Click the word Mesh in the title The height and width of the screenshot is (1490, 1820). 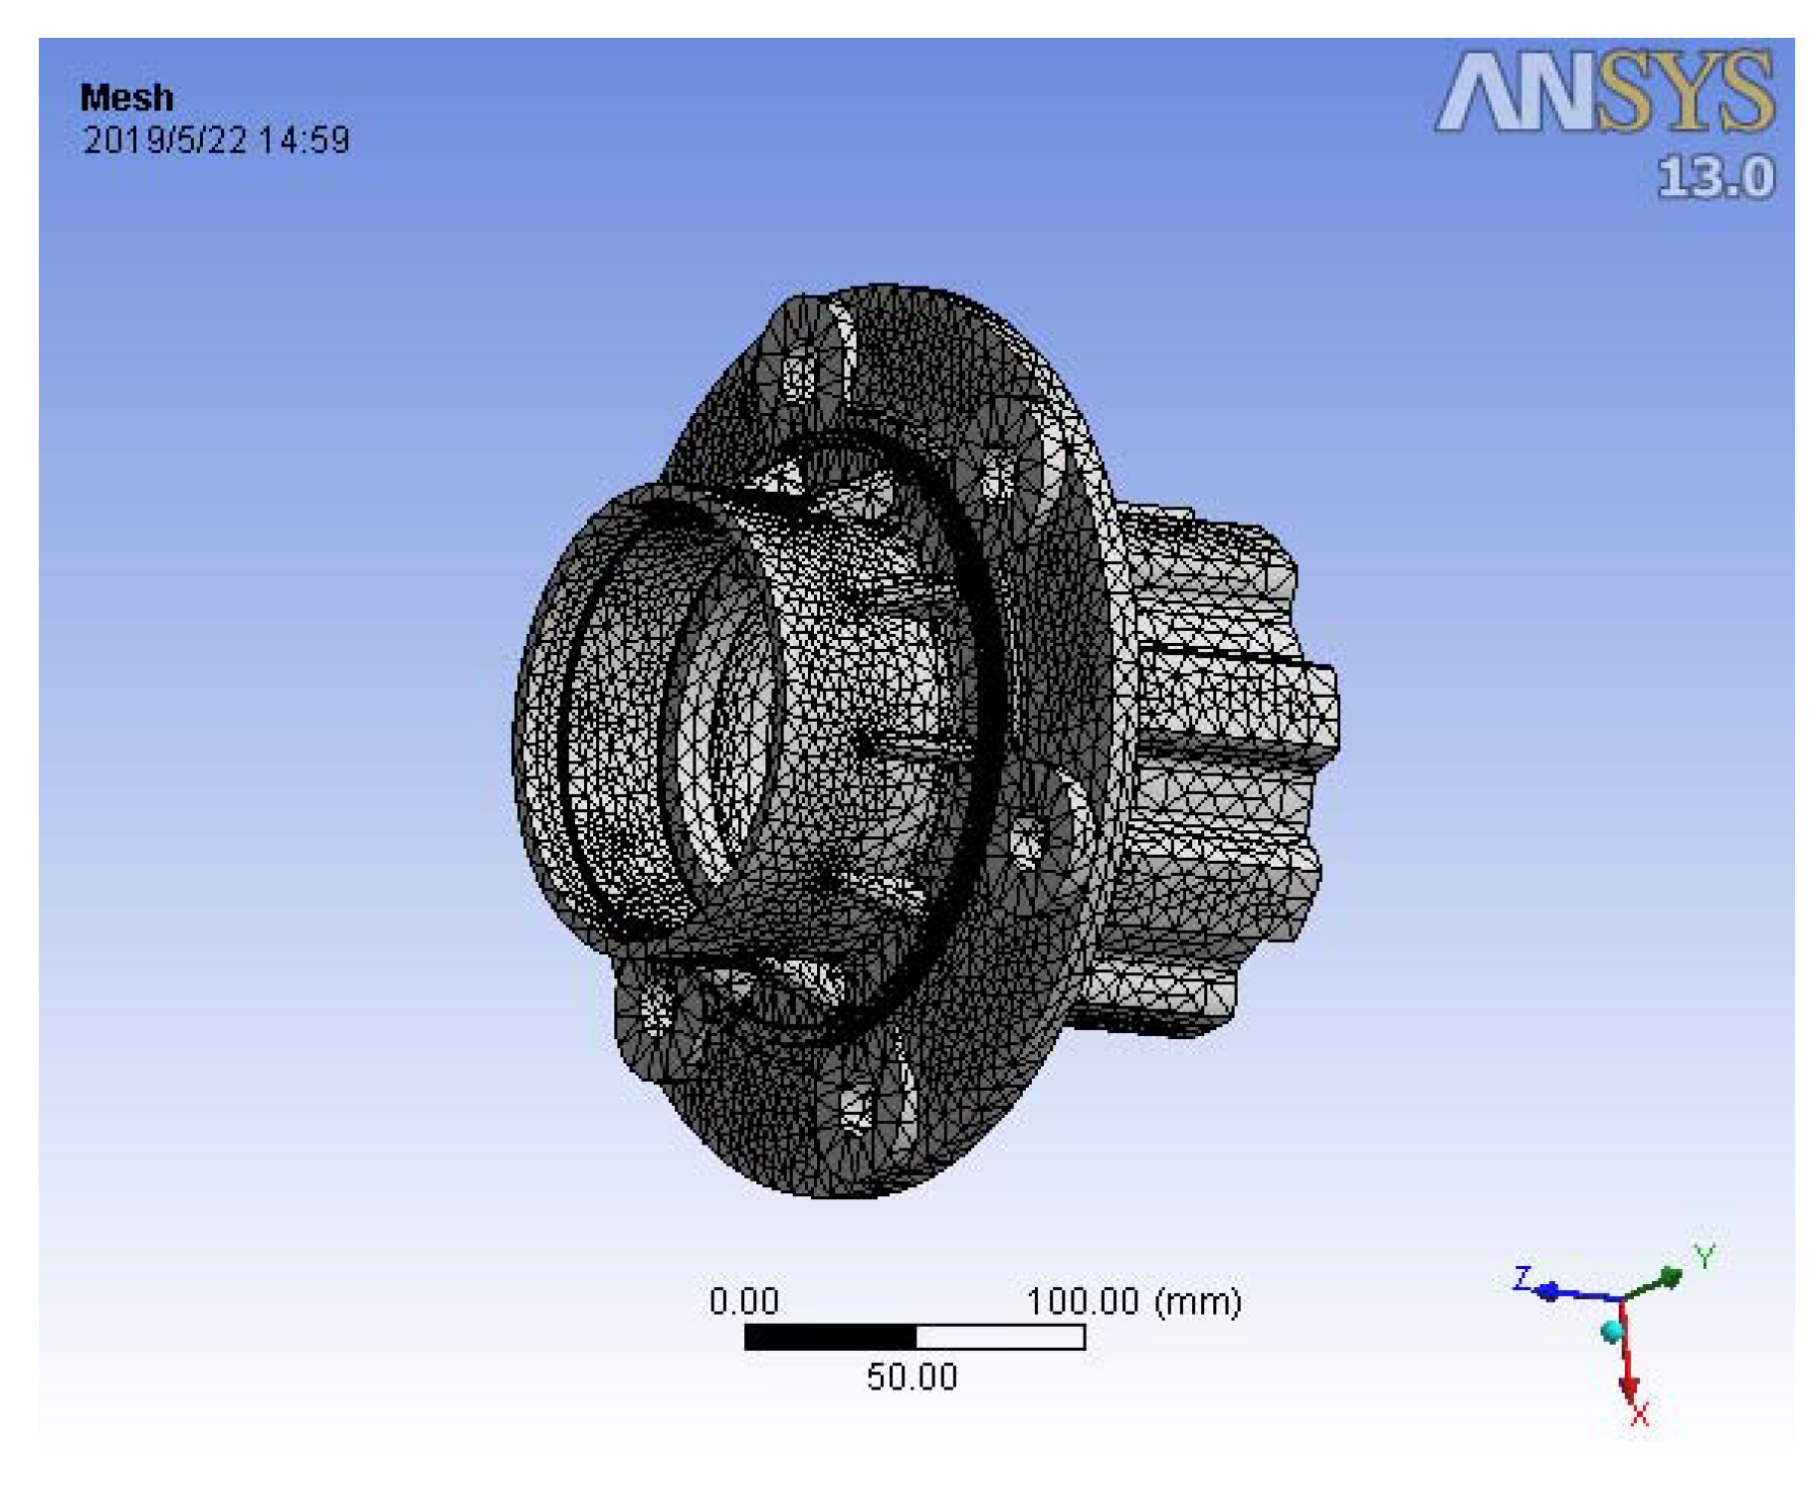point(126,98)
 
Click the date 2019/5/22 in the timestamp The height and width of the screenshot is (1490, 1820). point(164,139)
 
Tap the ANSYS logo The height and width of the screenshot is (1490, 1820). point(1603,93)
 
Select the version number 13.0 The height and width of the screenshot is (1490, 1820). point(1715,178)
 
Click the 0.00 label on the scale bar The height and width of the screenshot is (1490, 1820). point(743,1301)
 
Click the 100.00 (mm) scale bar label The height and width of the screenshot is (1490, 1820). point(1132,1301)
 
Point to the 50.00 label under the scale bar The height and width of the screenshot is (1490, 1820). point(910,1377)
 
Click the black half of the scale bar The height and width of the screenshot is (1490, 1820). point(829,1337)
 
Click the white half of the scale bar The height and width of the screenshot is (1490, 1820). point(999,1337)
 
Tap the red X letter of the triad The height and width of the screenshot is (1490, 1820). point(1639,1414)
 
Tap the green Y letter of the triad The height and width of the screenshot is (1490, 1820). point(1705,1257)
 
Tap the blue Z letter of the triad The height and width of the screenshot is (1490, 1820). point(1521,1277)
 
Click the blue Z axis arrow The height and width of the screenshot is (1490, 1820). point(1572,1294)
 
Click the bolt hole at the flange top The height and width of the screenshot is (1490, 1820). point(797,376)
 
